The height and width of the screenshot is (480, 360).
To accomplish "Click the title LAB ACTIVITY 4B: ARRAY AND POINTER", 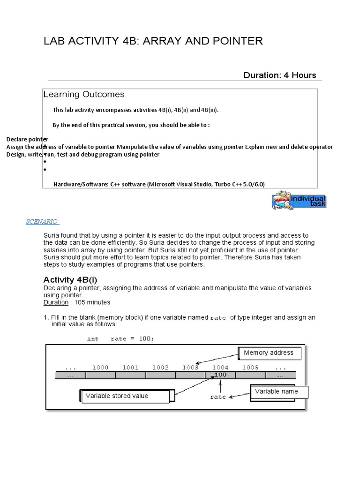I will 153,41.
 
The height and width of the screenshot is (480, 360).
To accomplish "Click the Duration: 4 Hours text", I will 280,75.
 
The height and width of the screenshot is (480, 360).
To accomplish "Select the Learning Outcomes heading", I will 84,94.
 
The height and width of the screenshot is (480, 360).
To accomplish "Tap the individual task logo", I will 299,200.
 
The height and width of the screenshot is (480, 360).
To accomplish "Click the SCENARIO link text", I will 43,221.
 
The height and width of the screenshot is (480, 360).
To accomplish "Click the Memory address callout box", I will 269,353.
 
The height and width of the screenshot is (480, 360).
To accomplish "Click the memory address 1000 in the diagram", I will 101,367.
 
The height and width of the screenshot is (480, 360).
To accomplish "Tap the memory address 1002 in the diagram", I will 160,367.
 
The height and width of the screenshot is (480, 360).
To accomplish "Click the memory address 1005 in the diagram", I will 250,367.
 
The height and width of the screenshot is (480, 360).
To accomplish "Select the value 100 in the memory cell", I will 220,375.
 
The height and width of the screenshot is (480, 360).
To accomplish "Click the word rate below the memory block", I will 218,397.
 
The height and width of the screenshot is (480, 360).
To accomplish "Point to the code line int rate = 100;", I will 120,338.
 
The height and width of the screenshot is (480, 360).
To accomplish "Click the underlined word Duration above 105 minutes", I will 55,303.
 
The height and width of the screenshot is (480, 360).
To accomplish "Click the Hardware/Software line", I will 159,184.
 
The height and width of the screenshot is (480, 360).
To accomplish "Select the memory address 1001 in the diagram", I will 131,367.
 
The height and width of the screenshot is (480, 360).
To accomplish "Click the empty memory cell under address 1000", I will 101,375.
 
